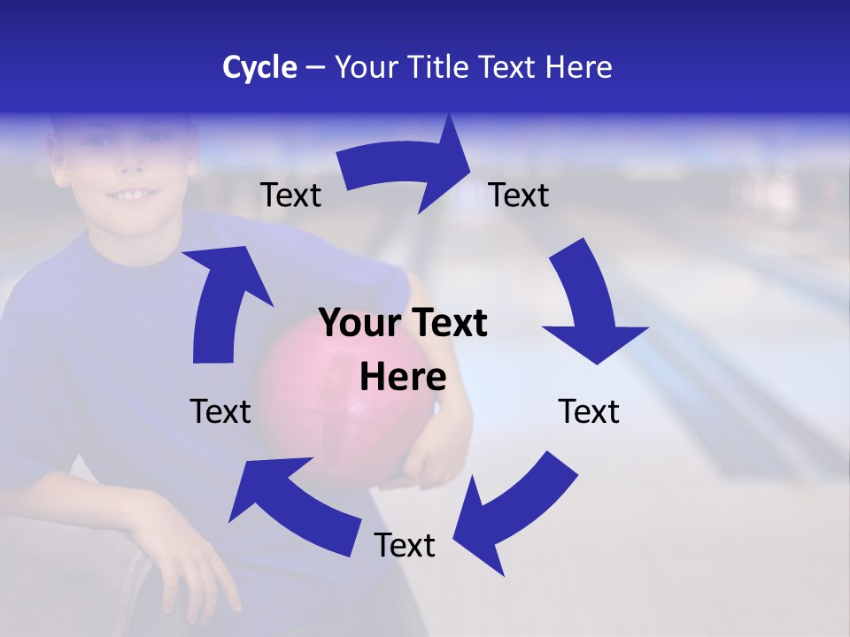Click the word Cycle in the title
(259, 67)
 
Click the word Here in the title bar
(578, 67)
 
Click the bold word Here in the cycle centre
(403, 378)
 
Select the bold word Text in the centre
(447, 323)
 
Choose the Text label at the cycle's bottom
(405, 545)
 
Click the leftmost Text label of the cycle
(220, 411)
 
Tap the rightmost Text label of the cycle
(589, 411)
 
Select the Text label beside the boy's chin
(290, 195)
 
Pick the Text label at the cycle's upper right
(519, 195)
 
